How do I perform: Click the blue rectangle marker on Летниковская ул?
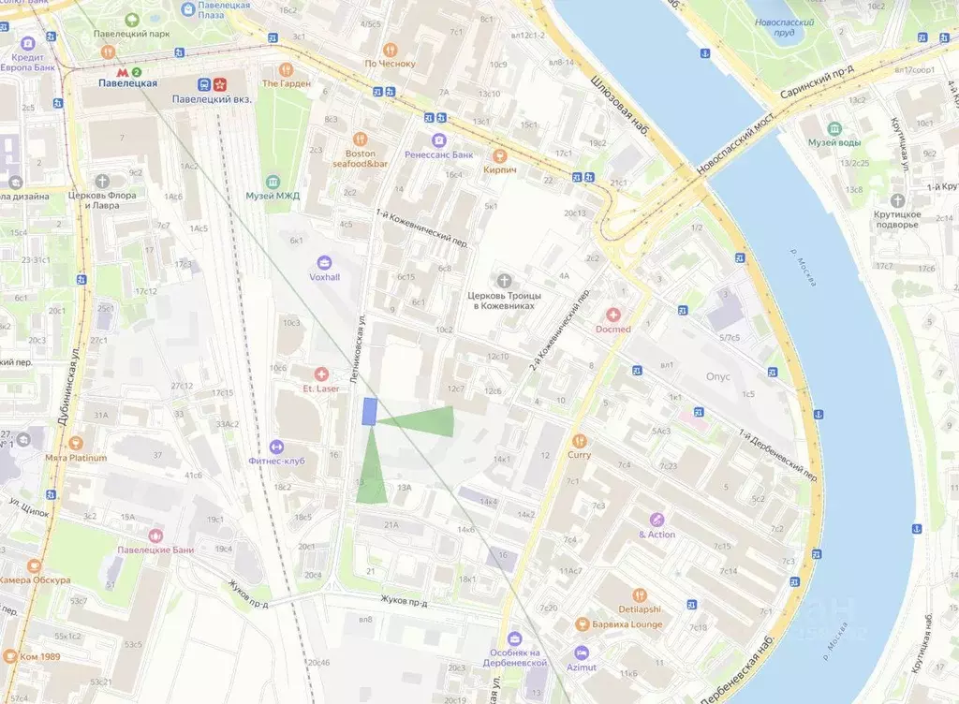[370, 412]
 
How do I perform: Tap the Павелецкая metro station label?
[128, 83]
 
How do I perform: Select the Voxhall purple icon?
[325, 262]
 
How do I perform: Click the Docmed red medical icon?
[613, 315]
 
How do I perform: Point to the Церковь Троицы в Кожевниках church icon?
[506, 280]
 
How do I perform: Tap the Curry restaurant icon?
[579, 440]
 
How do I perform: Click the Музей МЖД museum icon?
[273, 181]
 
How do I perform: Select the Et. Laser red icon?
[321, 374]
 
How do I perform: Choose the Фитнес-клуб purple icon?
[276, 447]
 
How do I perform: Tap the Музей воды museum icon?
[834, 128]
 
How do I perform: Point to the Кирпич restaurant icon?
[500, 155]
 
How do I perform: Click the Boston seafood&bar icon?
[360, 139]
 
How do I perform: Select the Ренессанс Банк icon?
[437, 139]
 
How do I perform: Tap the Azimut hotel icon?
[582, 653]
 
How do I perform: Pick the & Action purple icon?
[657, 520]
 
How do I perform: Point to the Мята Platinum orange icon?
[76, 443]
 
